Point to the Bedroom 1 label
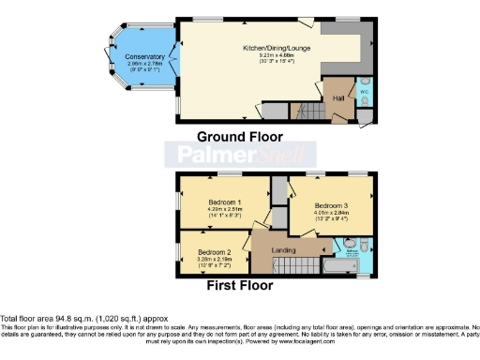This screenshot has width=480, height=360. click(226, 202)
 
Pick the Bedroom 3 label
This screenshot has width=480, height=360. click(332, 205)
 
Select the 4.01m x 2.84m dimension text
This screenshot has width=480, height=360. click(332, 214)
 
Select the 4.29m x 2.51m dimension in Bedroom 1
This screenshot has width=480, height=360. click(226, 210)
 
